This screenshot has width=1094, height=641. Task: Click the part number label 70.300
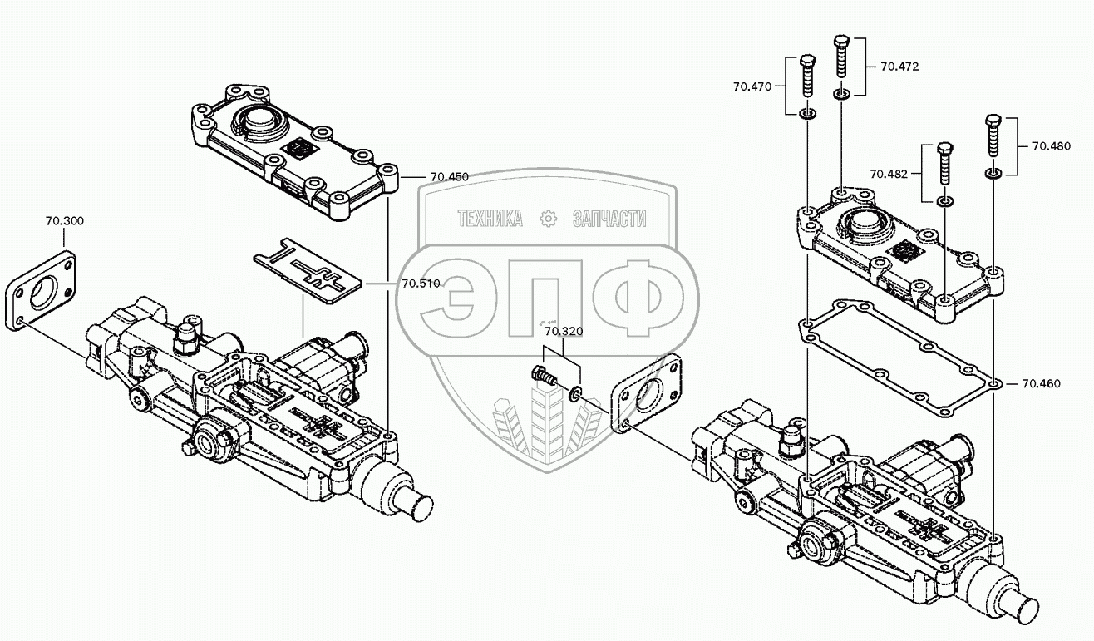[65, 221]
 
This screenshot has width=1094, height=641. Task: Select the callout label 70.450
[449, 177]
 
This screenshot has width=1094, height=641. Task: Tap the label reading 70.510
[421, 284]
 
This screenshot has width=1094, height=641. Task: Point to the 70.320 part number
[564, 331]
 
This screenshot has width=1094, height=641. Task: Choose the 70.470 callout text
[752, 87]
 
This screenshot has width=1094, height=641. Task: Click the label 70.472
[899, 67]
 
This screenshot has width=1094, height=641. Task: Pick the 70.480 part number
[1052, 146]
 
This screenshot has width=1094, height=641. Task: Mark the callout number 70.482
[889, 174]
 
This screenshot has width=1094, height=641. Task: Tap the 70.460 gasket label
[1042, 384]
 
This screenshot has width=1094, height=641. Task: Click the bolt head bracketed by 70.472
[841, 40]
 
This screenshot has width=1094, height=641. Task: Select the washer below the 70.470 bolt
[807, 115]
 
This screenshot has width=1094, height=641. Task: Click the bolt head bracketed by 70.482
[945, 147]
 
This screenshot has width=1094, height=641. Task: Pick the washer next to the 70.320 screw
[576, 392]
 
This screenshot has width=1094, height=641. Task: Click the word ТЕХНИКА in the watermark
[490, 219]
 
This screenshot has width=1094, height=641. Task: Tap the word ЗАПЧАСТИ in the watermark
[609, 219]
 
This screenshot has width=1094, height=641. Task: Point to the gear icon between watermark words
[549, 219]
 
